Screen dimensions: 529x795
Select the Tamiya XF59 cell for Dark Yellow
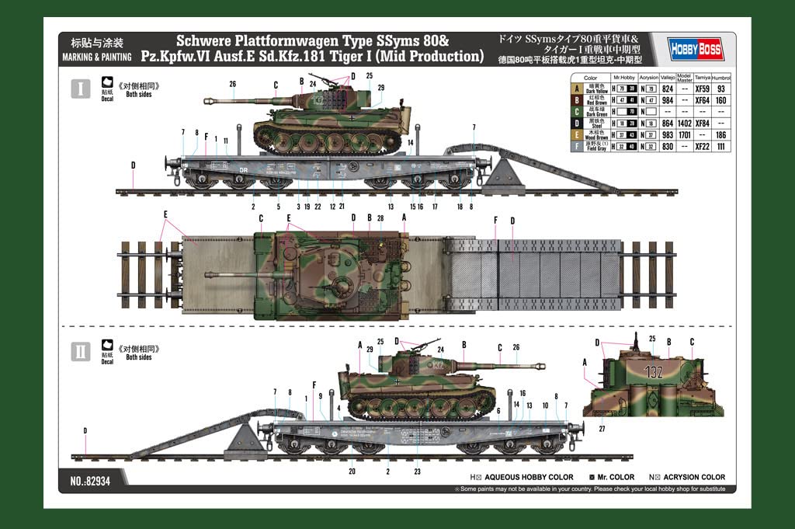(702, 89)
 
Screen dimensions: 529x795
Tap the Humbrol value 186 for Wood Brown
(721, 134)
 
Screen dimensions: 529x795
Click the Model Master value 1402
(683, 123)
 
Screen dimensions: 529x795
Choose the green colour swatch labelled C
(575, 112)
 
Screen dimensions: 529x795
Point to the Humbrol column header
(721, 78)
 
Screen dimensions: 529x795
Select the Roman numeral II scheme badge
(80, 350)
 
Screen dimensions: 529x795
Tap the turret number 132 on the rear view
(654, 372)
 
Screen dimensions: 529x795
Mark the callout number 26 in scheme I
(232, 83)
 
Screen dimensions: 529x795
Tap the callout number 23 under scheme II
(417, 472)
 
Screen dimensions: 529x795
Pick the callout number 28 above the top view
(380, 218)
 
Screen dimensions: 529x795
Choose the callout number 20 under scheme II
(351, 472)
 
